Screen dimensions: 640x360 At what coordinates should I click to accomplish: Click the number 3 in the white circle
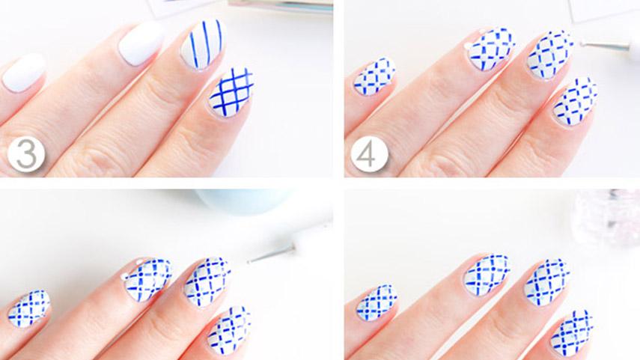click(26, 154)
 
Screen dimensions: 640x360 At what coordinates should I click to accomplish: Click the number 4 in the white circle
click(369, 154)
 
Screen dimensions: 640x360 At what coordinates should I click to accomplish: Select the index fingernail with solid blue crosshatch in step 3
click(231, 92)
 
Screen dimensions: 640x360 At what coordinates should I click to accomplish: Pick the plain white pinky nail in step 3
click(24, 73)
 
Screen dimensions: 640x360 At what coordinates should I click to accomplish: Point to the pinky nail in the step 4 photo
click(374, 77)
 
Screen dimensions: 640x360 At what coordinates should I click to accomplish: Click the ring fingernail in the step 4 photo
click(491, 49)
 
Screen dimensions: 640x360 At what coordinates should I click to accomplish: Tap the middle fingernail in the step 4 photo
click(549, 55)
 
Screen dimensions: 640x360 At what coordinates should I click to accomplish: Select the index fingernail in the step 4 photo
click(575, 102)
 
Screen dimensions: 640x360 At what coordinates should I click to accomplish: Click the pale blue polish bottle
click(245, 201)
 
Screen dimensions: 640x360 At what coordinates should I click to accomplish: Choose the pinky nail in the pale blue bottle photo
click(29, 308)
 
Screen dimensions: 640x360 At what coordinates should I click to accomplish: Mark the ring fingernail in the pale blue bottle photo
click(147, 280)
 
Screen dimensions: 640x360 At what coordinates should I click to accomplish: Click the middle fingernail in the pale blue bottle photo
click(207, 282)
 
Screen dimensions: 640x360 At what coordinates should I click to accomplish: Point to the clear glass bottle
click(607, 216)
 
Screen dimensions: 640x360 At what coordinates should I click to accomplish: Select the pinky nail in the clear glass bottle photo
click(377, 303)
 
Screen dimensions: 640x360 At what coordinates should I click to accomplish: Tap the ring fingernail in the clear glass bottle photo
click(487, 275)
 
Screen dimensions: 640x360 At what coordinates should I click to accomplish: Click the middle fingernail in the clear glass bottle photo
click(547, 282)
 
